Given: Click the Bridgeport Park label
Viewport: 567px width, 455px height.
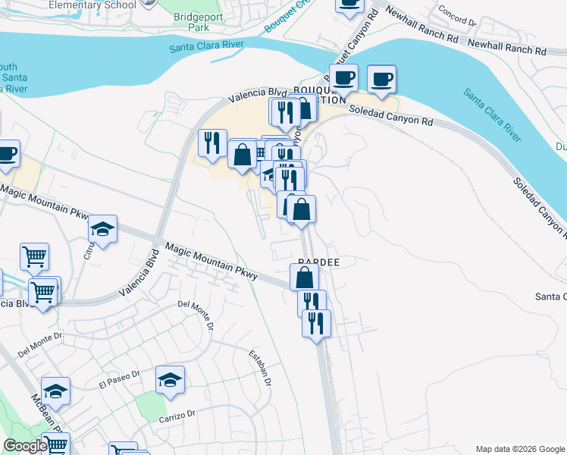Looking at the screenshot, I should click(x=194, y=22).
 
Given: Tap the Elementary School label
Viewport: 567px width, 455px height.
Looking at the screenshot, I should click(x=92, y=5).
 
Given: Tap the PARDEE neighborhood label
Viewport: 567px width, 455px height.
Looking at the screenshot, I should click(x=317, y=262).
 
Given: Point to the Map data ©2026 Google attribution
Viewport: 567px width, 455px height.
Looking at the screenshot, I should click(x=520, y=449).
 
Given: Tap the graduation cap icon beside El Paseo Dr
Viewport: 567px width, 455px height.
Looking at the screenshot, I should click(x=170, y=380).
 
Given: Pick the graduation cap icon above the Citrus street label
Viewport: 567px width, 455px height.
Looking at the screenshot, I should click(x=103, y=230).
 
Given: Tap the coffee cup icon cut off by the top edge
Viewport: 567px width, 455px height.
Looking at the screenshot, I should click(x=349, y=5).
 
